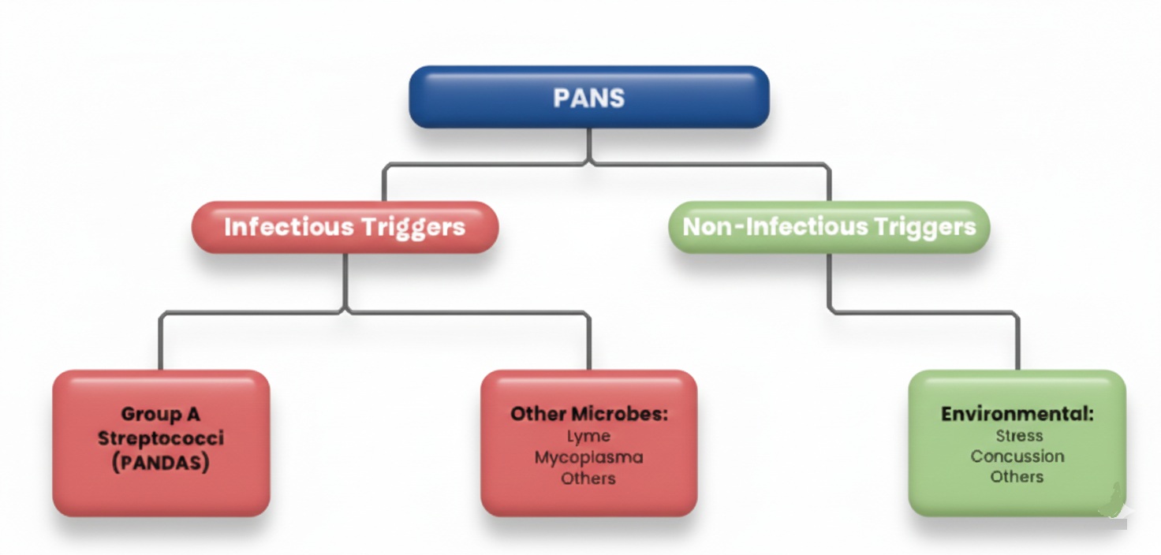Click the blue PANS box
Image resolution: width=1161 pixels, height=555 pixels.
tap(588, 97)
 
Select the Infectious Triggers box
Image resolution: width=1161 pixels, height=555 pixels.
tap(345, 227)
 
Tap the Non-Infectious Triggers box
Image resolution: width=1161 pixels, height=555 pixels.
tap(829, 227)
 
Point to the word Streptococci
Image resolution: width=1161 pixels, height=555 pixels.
tap(161, 438)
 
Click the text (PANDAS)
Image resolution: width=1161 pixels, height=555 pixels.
tap(161, 462)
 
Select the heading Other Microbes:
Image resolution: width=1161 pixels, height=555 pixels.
tap(588, 414)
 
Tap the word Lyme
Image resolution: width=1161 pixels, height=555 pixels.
tap(588, 436)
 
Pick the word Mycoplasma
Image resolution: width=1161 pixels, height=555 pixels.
tap(588, 457)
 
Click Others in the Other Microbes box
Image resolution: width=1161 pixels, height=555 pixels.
tap(588, 479)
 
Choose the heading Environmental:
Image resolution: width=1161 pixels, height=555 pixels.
tap(1017, 414)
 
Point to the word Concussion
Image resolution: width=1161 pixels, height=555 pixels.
tap(1017, 456)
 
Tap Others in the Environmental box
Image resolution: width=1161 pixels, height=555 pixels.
tap(1017, 477)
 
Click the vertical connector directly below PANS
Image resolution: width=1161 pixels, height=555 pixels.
tap(588, 146)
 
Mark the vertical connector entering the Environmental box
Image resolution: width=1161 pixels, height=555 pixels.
tap(1017, 342)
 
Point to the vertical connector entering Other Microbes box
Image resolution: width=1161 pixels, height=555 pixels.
tap(588, 342)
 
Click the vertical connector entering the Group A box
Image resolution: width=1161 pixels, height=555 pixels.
tap(160, 342)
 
